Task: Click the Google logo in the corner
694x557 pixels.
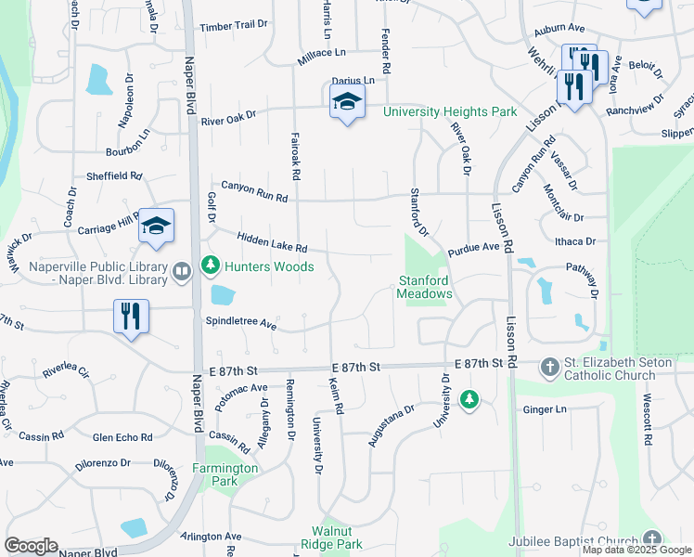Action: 32,546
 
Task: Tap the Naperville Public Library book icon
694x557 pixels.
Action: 182,272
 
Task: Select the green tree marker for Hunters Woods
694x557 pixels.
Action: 211,266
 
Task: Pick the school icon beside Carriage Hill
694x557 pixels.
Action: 156,226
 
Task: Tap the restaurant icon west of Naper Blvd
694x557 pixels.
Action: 131,316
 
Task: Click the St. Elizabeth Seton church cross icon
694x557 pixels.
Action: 549,369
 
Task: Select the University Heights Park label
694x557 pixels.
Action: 450,111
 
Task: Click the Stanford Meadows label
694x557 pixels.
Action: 425,287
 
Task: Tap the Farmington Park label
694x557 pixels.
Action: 225,474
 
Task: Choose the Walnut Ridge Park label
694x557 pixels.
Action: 330,538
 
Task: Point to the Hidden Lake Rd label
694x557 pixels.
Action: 272,243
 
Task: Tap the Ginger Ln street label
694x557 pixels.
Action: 544,409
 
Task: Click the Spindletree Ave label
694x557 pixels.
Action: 241,325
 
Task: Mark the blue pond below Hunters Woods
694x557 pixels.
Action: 223,295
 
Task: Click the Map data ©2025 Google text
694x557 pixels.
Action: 637,550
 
